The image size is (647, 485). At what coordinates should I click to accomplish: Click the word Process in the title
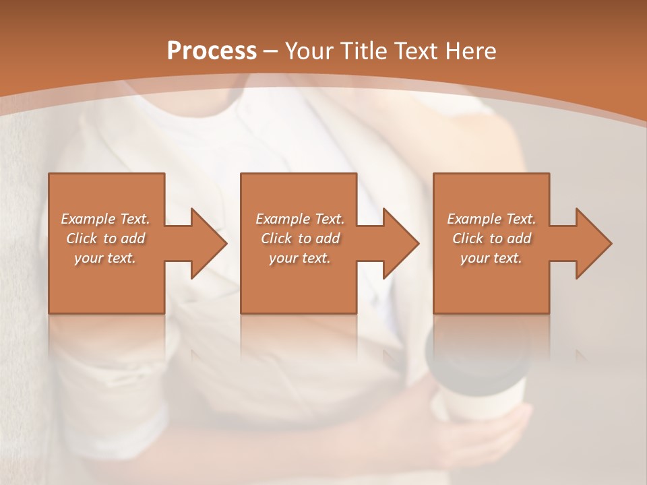212,51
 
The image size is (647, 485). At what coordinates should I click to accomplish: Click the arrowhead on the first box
206,243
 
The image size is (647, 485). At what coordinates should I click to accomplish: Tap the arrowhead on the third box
590,243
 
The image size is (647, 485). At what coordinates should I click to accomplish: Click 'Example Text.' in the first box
106,219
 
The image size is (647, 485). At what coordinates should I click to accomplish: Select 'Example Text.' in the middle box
300,219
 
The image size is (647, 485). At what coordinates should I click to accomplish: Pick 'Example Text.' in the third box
491,219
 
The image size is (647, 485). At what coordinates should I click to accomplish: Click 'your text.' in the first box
106,258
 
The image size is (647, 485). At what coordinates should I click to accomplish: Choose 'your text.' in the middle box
300,258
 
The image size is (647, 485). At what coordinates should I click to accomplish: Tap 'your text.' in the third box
491,258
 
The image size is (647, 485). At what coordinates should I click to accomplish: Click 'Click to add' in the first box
106,238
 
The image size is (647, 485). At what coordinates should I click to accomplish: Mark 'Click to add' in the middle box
300,238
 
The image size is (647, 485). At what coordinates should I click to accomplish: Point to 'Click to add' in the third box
491,238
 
